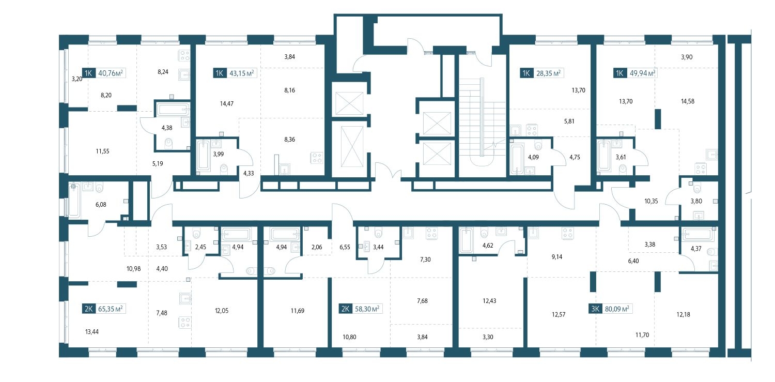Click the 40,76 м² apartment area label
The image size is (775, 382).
pos(111,73)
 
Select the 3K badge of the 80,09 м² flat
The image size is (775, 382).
pos(595,309)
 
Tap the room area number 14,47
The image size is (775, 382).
pos(227,103)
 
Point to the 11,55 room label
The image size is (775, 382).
pos(102,151)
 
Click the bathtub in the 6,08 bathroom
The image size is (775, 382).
pos(74,201)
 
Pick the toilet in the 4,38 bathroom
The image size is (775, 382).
pos(168,143)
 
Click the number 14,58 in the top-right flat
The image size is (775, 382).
pos(688,101)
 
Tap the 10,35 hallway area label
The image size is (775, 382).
pos(651,201)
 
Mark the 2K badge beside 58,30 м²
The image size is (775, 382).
pos(345,309)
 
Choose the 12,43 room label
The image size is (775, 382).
pos(489,301)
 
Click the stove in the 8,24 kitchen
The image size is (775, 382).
pos(184,56)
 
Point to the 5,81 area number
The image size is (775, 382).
pos(569,121)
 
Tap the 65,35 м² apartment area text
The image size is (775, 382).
pos(111,309)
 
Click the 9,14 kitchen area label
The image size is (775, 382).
pos(557,257)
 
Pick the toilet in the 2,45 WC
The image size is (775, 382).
pos(197,233)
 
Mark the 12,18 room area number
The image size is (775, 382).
pos(684,314)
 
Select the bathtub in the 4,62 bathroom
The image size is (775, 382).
pos(467,240)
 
